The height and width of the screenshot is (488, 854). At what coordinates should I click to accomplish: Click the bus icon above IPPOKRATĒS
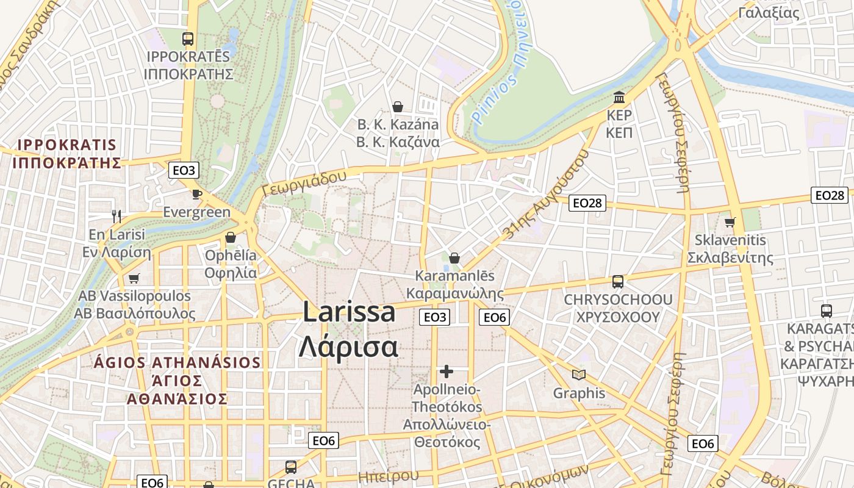pyautogui.click(x=188, y=39)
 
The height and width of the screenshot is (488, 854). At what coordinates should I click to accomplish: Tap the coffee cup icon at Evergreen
pyautogui.click(x=196, y=194)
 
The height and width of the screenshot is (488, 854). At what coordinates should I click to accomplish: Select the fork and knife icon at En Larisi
pyautogui.click(x=117, y=216)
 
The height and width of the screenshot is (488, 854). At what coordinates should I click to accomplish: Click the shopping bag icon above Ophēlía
pyautogui.click(x=231, y=237)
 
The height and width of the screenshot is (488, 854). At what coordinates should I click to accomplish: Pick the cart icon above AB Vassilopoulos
pyautogui.click(x=134, y=278)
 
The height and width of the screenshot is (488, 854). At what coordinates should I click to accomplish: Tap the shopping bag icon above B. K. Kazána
pyautogui.click(x=398, y=107)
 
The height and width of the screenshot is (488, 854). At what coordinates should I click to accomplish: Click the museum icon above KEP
pyautogui.click(x=619, y=98)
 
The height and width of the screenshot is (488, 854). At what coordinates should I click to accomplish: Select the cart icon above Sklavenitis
pyautogui.click(x=730, y=222)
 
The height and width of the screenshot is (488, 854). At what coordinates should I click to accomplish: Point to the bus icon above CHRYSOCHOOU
pyautogui.click(x=618, y=282)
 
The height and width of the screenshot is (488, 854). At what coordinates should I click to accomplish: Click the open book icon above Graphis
pyautogui.click(x=579, y=375)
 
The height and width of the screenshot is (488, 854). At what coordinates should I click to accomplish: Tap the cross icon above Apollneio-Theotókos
pyautogui.click(x=447, y=371)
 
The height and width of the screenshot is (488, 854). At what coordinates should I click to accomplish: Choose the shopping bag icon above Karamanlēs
pyautogui.click(x=454, y=258)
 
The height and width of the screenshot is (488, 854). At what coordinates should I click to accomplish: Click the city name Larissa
pyautogui.click(x=349, y=312)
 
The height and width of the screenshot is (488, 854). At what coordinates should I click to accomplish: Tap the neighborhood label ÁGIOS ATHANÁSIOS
pyautogui.click(x=178, y=362)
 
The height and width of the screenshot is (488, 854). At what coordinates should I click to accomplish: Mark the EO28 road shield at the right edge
pyautogui.click(x=830, y=195)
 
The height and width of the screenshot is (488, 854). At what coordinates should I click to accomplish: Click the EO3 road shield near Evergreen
pyautogui.click(x=184, y=170)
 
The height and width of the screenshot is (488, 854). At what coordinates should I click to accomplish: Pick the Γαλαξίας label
pyautogui.click(x=769, y=12)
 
